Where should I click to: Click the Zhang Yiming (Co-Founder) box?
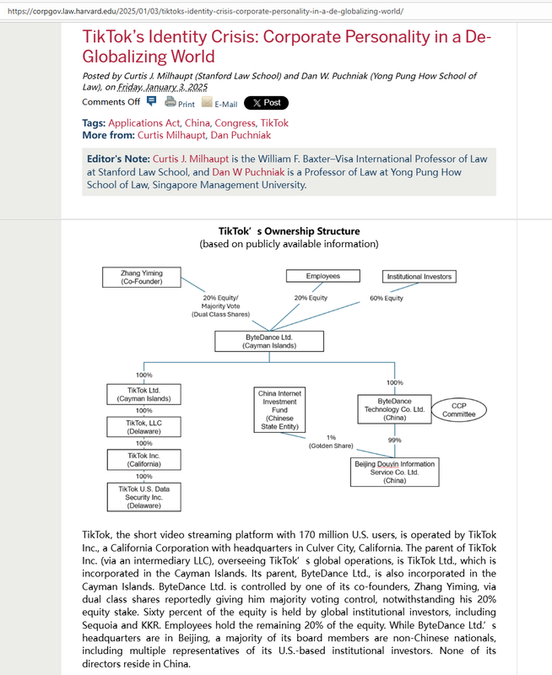142,276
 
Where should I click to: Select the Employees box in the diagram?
322,276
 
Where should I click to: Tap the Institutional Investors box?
419,276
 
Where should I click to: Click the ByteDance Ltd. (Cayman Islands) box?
268,341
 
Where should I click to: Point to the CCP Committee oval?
459,409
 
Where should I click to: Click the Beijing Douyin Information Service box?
394,471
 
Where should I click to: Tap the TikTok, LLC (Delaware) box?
142,427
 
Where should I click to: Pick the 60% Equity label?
387,299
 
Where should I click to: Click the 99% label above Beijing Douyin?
394,440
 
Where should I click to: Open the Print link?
180,103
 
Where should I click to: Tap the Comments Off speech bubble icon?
152,102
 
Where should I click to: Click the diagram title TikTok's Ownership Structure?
289,231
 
